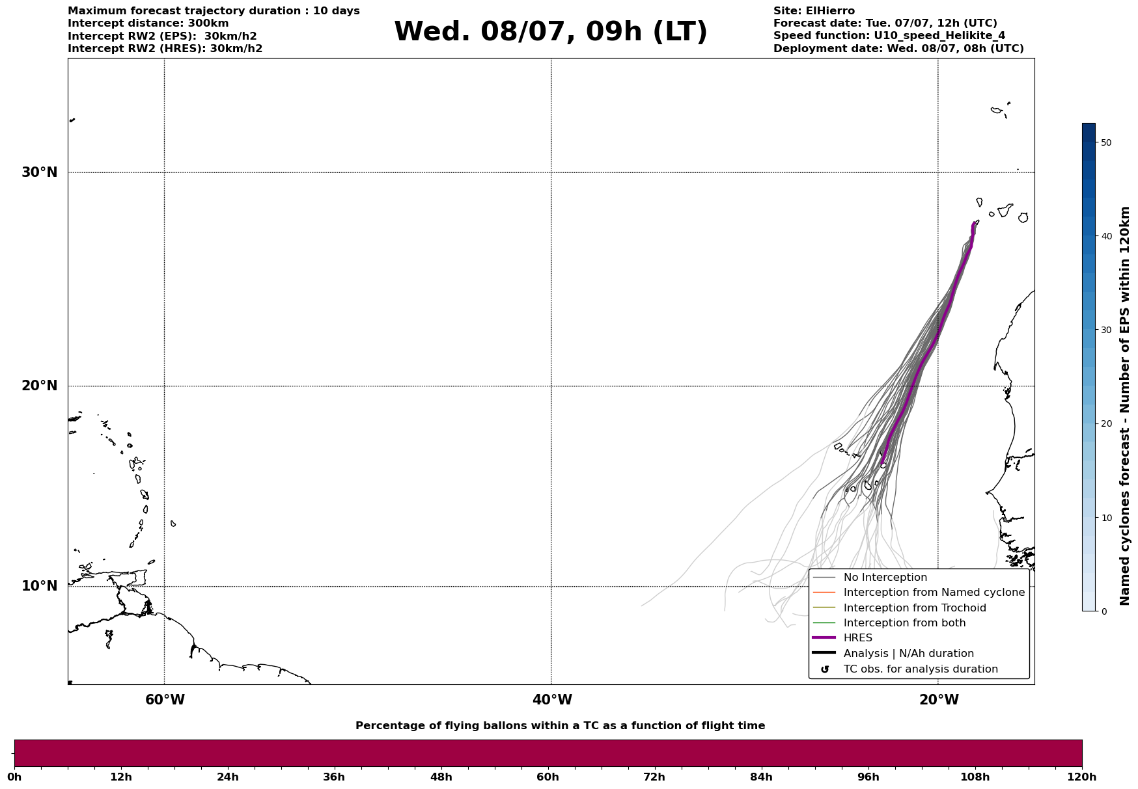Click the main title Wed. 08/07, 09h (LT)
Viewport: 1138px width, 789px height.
[550, 32]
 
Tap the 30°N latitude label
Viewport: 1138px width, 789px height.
[40, 172]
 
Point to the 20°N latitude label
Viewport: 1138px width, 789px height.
[40, 386]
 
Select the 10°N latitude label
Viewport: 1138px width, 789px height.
[40, 586]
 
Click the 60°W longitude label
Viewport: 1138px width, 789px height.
[165, 700]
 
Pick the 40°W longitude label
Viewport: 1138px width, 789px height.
[552, 700]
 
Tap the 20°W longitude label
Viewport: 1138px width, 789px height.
[939, 700]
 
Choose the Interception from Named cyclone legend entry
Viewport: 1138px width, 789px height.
[919, 593]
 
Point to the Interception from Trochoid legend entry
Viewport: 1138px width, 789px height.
[899, 608]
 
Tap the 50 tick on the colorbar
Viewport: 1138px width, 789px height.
[1105, 142]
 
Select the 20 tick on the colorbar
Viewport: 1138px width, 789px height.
[1105, 424]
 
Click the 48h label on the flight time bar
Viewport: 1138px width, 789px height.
[441, 777]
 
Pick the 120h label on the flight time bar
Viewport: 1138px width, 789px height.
[1082, 777]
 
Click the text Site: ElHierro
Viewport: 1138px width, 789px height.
[814, 11]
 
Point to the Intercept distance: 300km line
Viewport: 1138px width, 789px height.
[148, 23]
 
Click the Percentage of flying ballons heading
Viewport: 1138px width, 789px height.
[560, 726]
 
